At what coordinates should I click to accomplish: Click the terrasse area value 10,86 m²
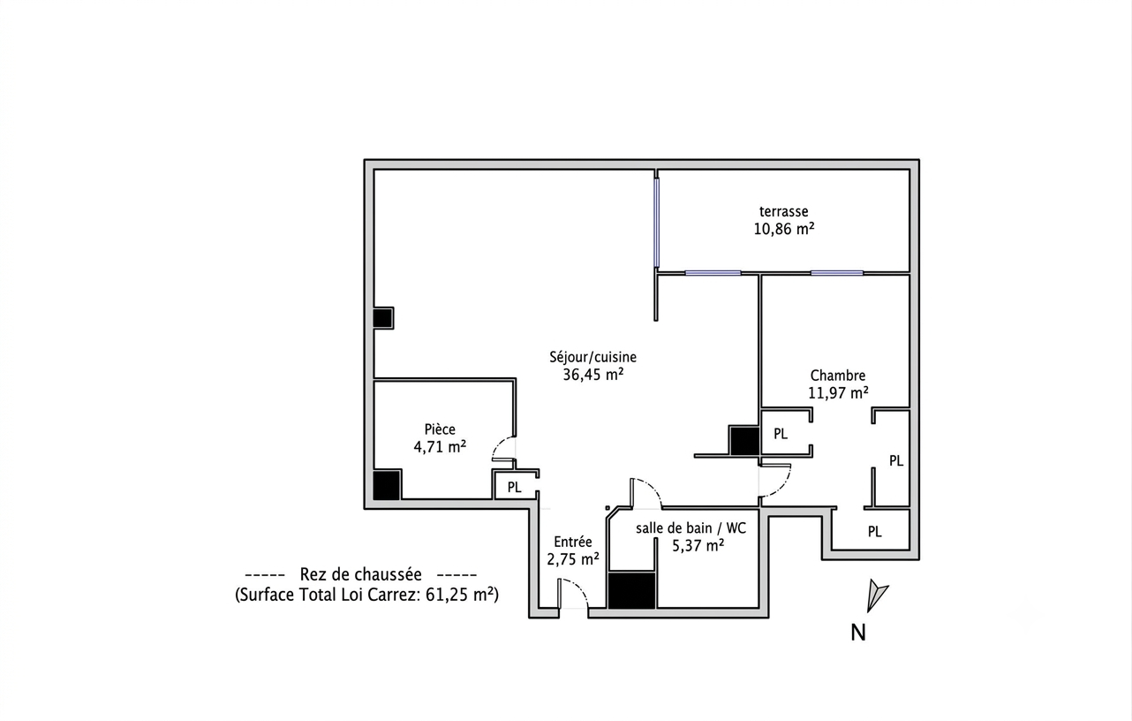[x=784, y=229]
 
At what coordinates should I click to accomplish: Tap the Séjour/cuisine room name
[x=592, y=357]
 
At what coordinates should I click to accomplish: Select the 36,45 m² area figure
[x=592, y=375]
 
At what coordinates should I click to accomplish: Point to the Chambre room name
[x=837, y=376]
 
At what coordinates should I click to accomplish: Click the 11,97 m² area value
[x=838, y=393]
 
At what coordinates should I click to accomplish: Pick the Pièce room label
[x=440, y=429]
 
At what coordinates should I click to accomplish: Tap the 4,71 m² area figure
[x=440, y=447]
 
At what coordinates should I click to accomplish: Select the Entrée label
[x=572, y=542]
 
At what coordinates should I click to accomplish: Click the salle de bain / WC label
[x=691, y=528]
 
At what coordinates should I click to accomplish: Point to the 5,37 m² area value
[x=698, y=546]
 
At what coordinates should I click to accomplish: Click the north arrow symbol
[x=876, y=596]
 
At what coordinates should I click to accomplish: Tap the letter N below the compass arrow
[x=858, y=633]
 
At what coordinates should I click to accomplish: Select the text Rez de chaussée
[x=361, y=574]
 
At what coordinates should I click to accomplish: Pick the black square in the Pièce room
[x=387, y=484]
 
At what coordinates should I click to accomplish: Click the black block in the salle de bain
[x=631, y=590]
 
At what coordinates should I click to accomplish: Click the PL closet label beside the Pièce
[x=514, y=488]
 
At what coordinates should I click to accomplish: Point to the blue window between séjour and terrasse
[x=656, y=223]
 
